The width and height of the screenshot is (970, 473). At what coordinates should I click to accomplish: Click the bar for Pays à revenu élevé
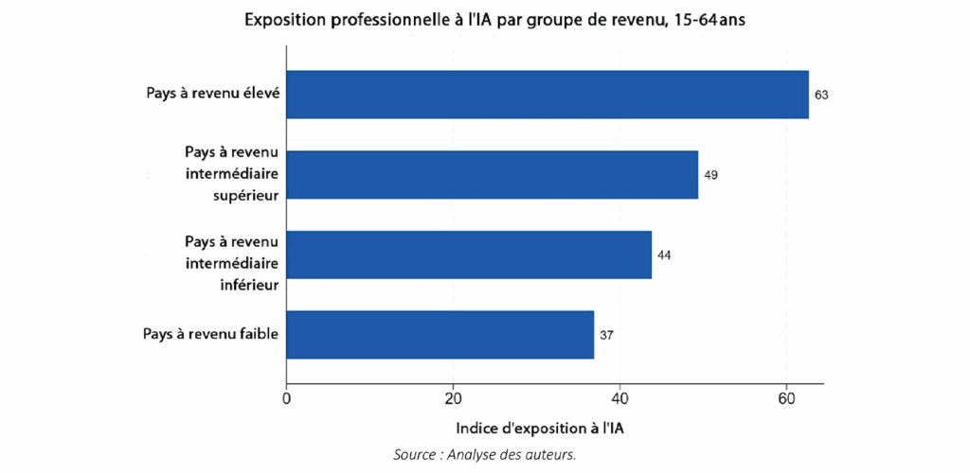coord(548,95)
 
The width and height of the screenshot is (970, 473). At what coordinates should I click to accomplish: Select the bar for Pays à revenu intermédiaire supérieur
coord(492,174)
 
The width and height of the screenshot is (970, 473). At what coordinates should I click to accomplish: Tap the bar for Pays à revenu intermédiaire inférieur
coord(469,254)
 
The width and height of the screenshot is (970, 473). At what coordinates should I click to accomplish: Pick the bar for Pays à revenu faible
coord(440,335)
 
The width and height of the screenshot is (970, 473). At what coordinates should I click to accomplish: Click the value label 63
coord(821,96)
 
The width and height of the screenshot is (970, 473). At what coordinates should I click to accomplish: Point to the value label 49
coord(710,175)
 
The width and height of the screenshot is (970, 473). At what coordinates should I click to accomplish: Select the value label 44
coord(664,255)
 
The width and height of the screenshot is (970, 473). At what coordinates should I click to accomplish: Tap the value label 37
coord(606,336)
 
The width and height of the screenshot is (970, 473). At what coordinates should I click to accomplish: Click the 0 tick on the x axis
coord(287,399)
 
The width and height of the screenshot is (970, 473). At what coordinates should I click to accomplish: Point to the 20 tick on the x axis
coord(453,399)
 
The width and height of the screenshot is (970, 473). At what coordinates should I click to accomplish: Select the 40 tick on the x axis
coord(620,399)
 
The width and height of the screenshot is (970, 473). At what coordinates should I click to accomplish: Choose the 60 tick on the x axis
coord(785,399)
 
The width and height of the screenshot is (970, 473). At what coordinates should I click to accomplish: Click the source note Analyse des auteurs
coord(485,455)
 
